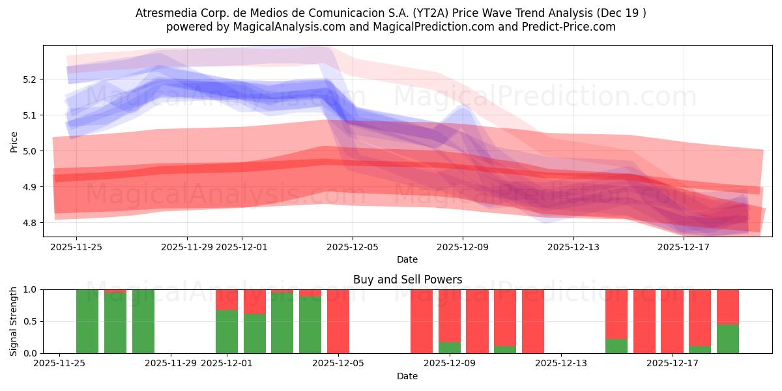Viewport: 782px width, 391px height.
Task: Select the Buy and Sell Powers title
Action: (407, 280)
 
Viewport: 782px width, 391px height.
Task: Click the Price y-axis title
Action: (14, 141)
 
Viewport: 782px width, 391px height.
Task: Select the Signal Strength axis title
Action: (14, 321)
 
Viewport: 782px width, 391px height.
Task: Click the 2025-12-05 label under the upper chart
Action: (352, 247)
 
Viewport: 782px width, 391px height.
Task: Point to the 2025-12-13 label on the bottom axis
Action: (561, 363)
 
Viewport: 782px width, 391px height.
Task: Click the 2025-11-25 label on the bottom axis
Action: (59, 363)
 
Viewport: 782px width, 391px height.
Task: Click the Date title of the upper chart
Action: (407, 259)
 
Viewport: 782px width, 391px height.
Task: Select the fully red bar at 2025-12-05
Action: (338, 321)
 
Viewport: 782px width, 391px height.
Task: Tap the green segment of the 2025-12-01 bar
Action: (227, 332)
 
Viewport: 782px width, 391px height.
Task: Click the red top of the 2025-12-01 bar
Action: (227, 299)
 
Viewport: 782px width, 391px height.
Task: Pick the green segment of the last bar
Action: (728, 339)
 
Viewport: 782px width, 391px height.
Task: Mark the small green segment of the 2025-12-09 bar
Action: (450, 347)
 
